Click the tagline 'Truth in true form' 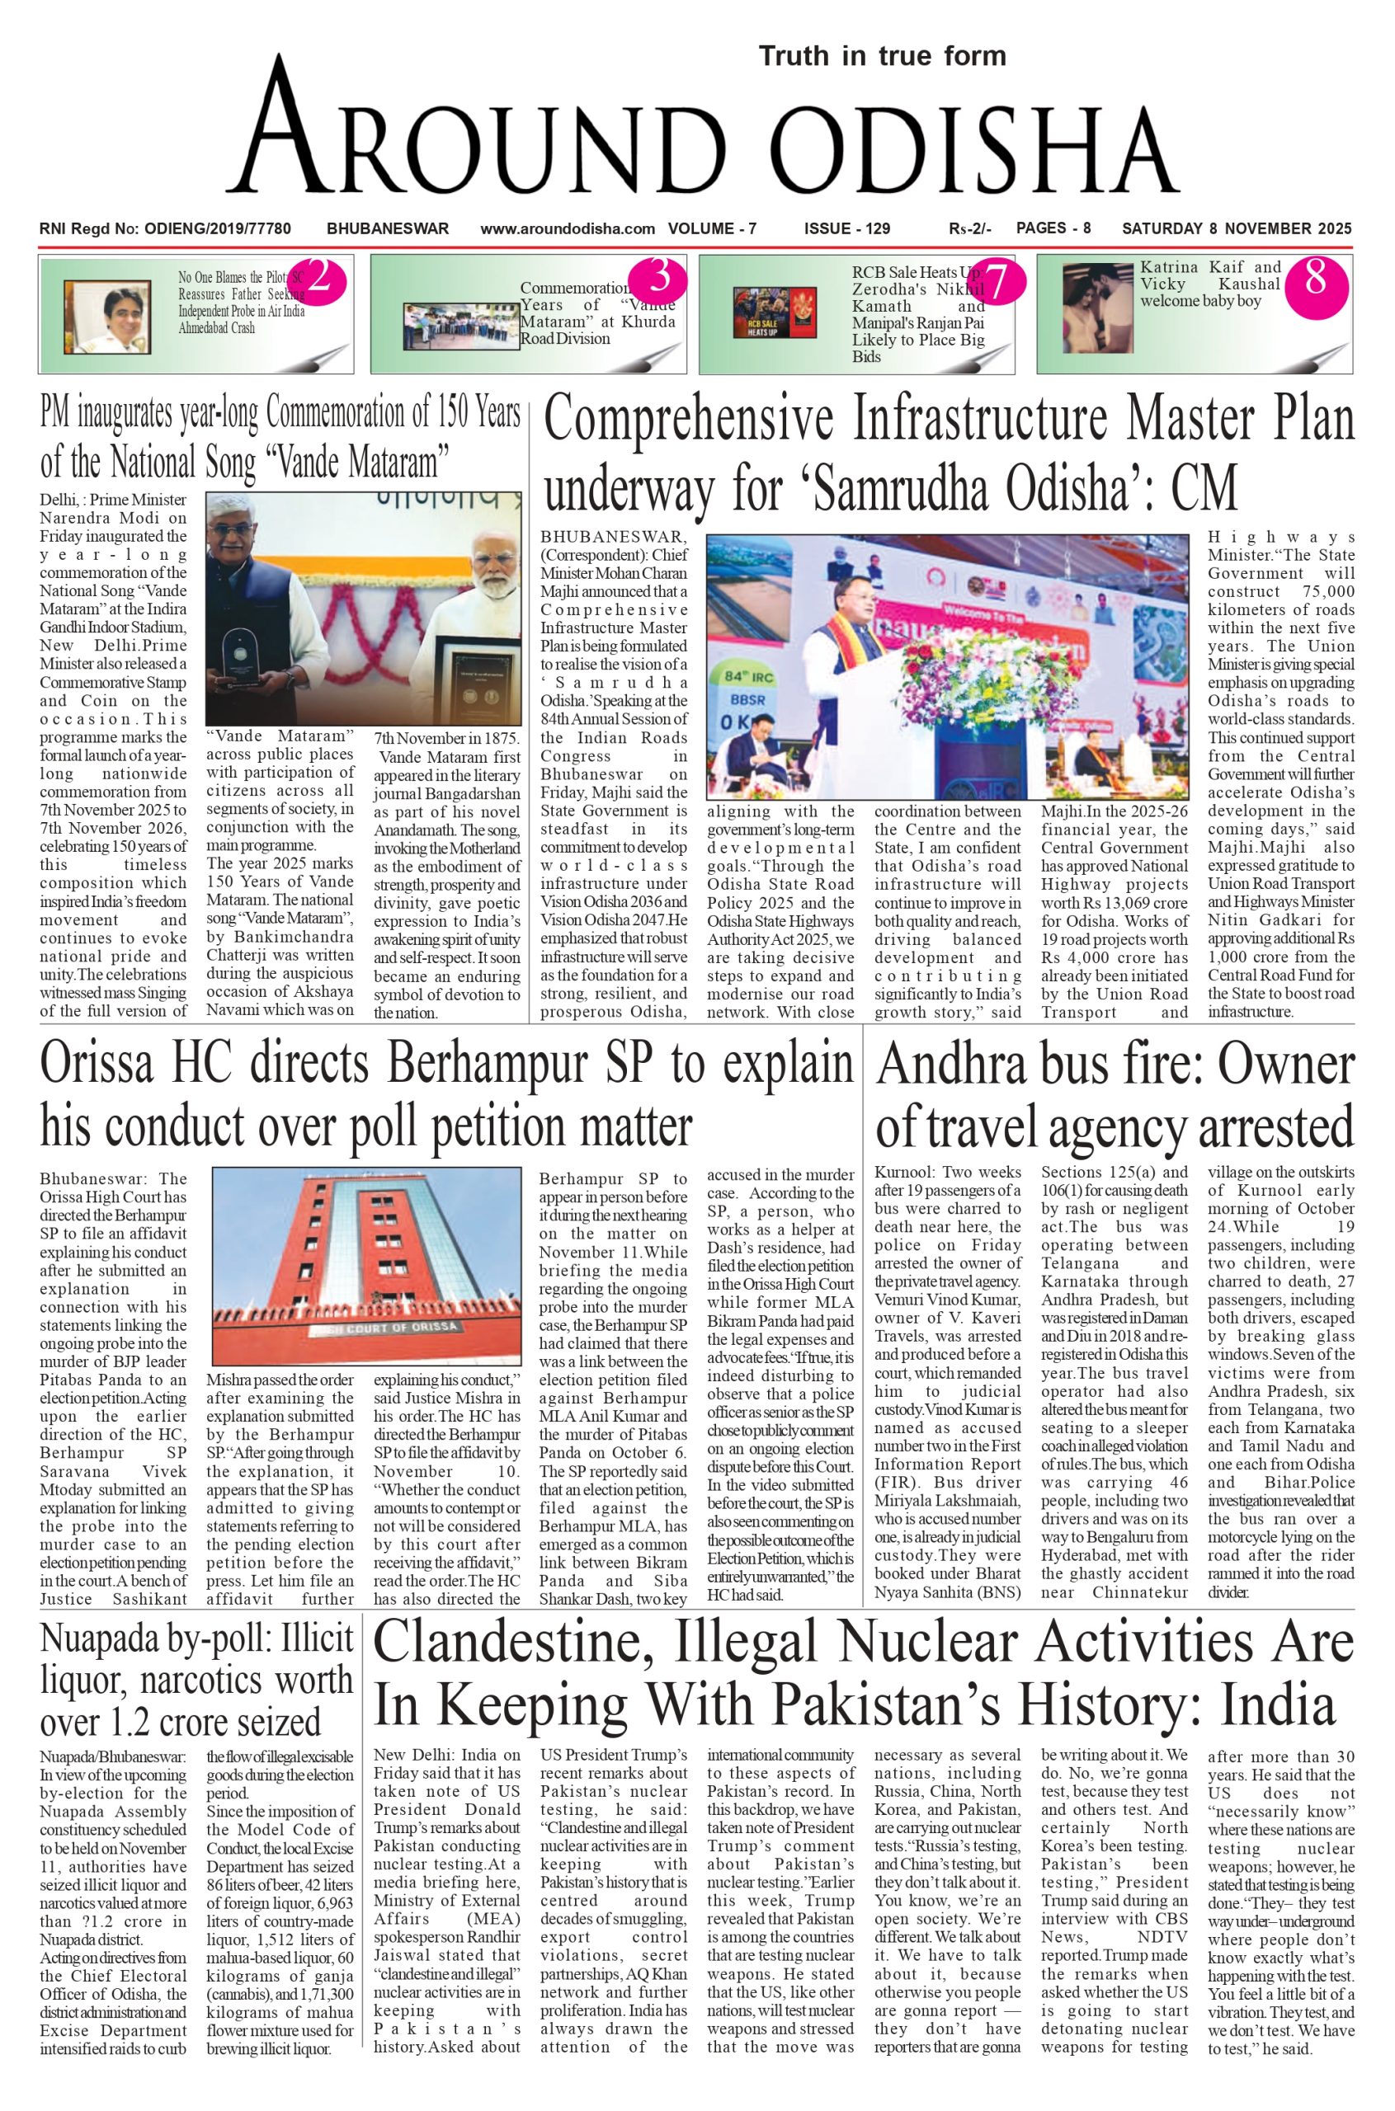coord(882,56)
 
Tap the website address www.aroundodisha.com coord(568,228)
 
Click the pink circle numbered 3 coord(659,279)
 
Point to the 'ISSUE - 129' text coord(846,228)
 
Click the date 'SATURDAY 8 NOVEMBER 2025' coord(1237,228)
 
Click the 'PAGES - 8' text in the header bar coord(1053,228)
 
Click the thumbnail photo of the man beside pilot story coord(106,317)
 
